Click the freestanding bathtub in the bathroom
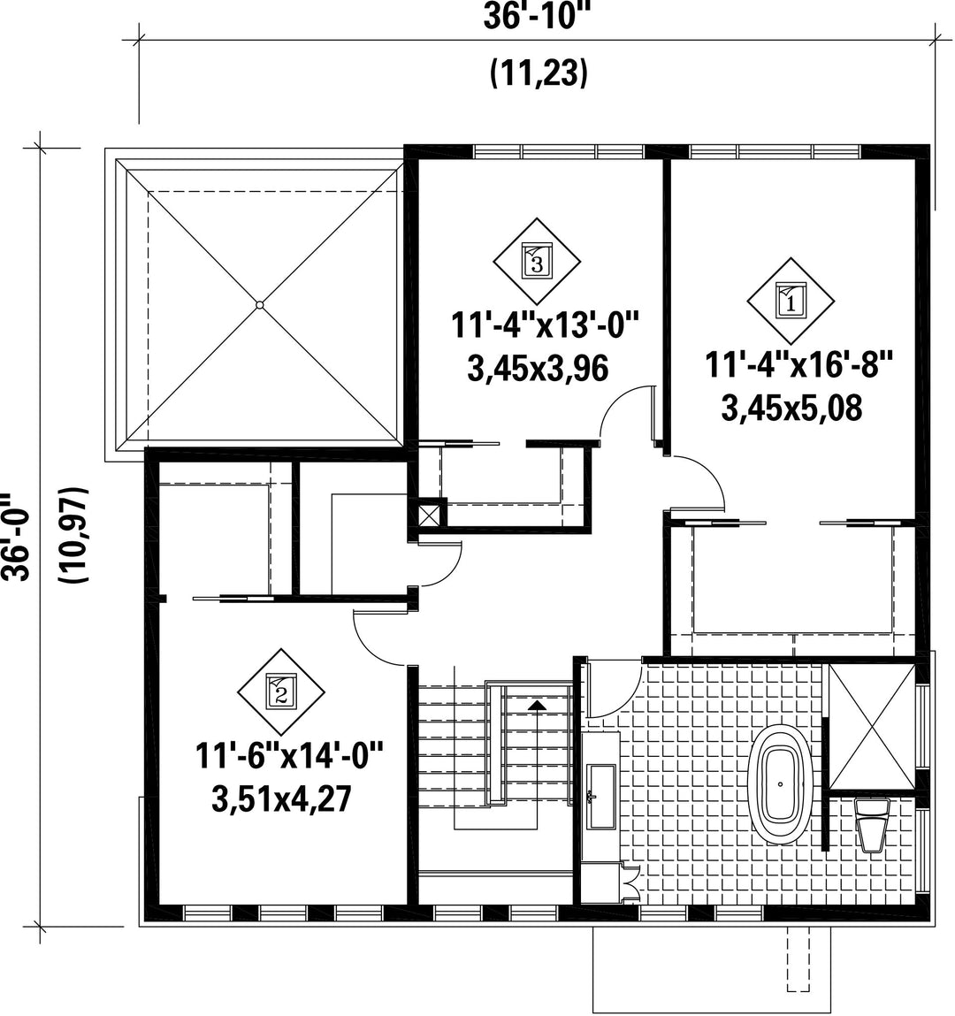coord(781,784)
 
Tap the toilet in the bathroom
coord(872,824)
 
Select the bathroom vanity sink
coord(600,797)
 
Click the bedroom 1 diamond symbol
coord(791,302)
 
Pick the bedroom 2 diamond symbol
coord(281,691)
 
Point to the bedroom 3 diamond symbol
coord(537,261)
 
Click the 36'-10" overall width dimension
coord(530,17)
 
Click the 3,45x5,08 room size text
coord(791,409)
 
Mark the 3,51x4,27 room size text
coord(281,798)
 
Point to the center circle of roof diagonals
coord(259,304)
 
